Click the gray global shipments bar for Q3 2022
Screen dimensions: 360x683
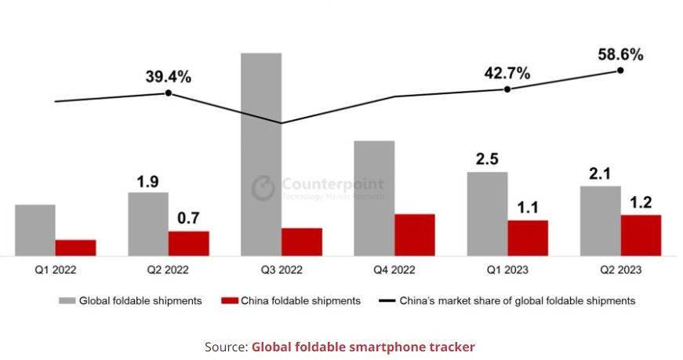[261, 154]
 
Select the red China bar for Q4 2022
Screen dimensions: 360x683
[415, 235]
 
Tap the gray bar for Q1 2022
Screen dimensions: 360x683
[35, 230]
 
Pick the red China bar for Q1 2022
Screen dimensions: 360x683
[75, 247]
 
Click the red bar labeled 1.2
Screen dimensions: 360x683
[641, 235]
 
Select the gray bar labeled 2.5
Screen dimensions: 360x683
[488, 213]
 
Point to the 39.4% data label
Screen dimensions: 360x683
[168, 77]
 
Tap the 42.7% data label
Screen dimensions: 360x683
[507, 73]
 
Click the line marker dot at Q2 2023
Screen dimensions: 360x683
[620, 70]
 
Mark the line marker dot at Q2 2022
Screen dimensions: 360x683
[168, 93]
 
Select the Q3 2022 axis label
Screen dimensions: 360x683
[280, 270]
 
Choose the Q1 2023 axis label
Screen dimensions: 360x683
[506, 270]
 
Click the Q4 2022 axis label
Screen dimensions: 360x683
[393, 270]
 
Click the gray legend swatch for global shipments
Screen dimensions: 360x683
[67, 300]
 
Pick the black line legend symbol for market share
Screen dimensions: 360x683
[387, 300]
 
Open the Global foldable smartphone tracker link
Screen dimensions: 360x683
[363, 346]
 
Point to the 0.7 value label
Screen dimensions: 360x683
[188, 216]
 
